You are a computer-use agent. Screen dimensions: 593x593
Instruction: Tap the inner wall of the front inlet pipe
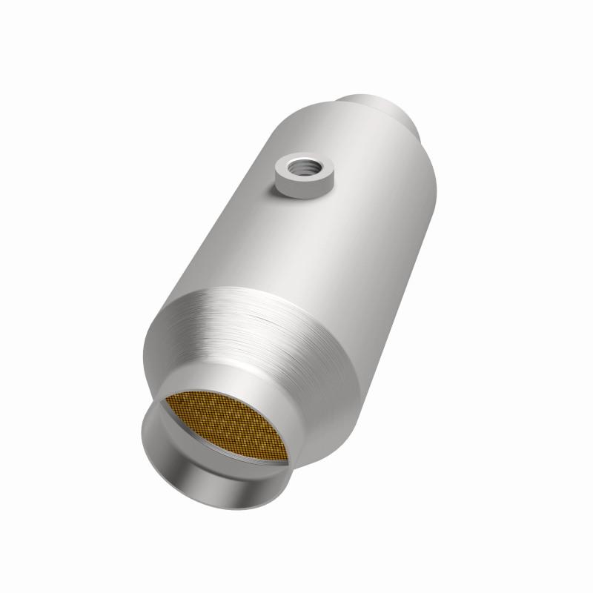pyautogui.click(x=185, y=460)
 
